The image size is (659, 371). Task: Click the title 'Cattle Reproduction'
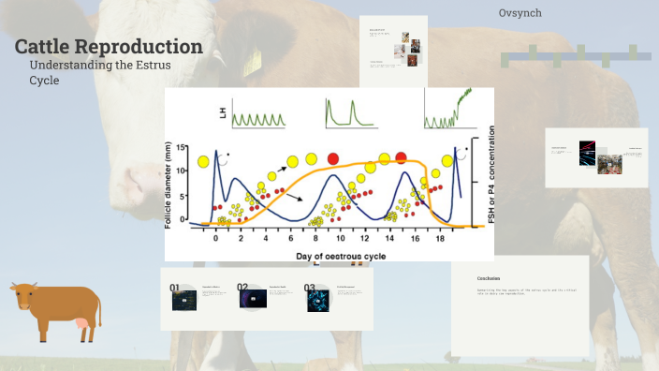point(109,47)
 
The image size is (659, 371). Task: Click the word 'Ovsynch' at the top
point(520,13)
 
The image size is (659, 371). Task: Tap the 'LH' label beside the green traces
point(223,112)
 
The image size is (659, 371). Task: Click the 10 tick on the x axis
point(340,239)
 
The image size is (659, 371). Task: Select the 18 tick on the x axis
point(440,239)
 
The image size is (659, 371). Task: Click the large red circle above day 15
point(401,157)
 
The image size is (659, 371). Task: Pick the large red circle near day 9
point(334,157)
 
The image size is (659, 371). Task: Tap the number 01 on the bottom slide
point(175,289)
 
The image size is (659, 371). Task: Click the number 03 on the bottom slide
point(310,289)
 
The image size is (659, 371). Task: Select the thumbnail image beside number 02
point(254,300)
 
